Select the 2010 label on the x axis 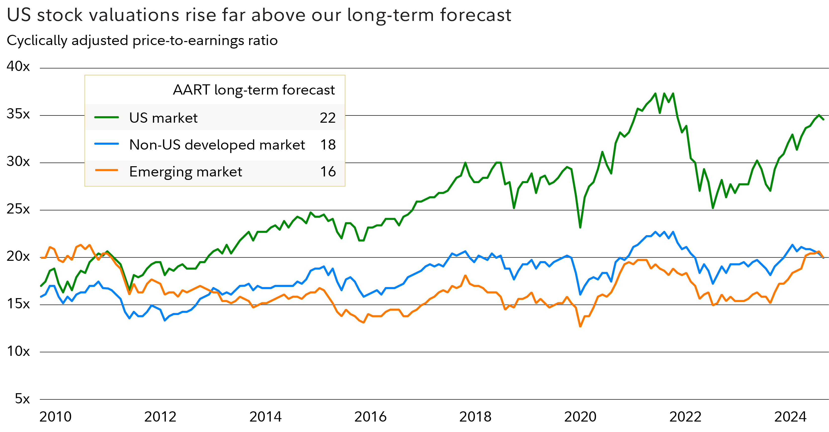(x=55, y=417)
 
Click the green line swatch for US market (x=106, y=118)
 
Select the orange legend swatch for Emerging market (x=106, y=170)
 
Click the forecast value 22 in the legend (x=328, y=118)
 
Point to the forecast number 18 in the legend (x=328, y=145)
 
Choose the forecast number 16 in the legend (x=328, y=171)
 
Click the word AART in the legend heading (x=191, y=90)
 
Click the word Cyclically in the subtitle (x=37, y=41)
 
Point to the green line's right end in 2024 (x=824, y=119)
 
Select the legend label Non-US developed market (x=217, y=145)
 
